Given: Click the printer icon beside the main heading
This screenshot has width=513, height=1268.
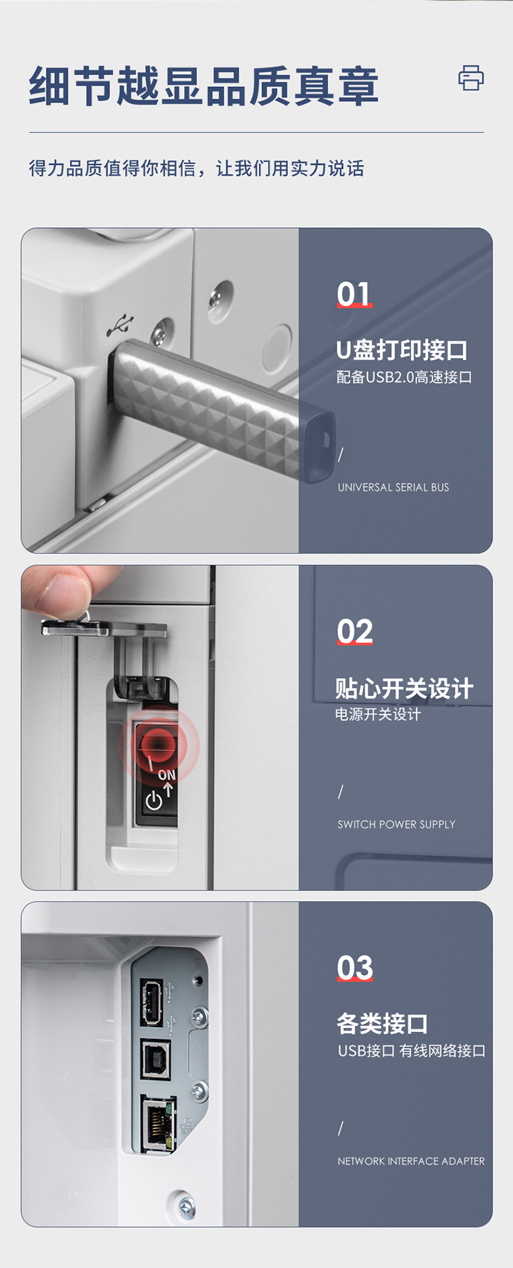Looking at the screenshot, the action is pyautogui.click(x=471, y=78).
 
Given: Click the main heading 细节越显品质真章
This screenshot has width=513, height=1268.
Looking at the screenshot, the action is pyautogui.click(x=204, y=87).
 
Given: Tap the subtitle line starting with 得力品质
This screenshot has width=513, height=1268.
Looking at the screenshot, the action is pyautogui.click(x=196, y=168).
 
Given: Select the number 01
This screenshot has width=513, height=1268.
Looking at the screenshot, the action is pyautogui.click(x=354, y=294).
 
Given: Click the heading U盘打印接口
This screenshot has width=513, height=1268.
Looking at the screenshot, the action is pyautogui.click(x=402, y=350).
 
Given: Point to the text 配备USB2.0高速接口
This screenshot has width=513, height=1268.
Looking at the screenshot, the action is pyautogui.click(x=404, y=377).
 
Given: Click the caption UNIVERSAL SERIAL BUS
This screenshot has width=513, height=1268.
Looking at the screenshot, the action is pyautogui.click(x=393, y=487).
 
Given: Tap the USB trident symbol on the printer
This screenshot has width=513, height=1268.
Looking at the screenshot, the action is pyautogui.click(x=120, y=326).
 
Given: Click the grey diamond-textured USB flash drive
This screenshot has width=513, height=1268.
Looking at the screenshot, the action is pyautogui.click(x=223, y=408).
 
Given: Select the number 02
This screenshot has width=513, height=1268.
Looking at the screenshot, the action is pyautogui.click(x=355, y=632).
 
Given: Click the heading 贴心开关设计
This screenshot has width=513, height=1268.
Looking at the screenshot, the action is pyautogui.click(x=404, y=688).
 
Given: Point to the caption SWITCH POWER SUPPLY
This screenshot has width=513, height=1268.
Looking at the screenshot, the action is pyautogui.click(x=396, y=825).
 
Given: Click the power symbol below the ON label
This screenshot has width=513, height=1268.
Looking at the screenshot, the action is pyautogui.click(x=154, y=800).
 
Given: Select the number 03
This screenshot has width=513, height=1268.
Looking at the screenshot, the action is pyautogui.click(x=355, y=968).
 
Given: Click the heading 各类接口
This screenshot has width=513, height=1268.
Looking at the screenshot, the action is pyautogui.click(x=382, y=1024).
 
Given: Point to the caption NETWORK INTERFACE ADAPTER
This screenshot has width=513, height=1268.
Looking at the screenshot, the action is pyautogui.click(x=411, y=1161).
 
